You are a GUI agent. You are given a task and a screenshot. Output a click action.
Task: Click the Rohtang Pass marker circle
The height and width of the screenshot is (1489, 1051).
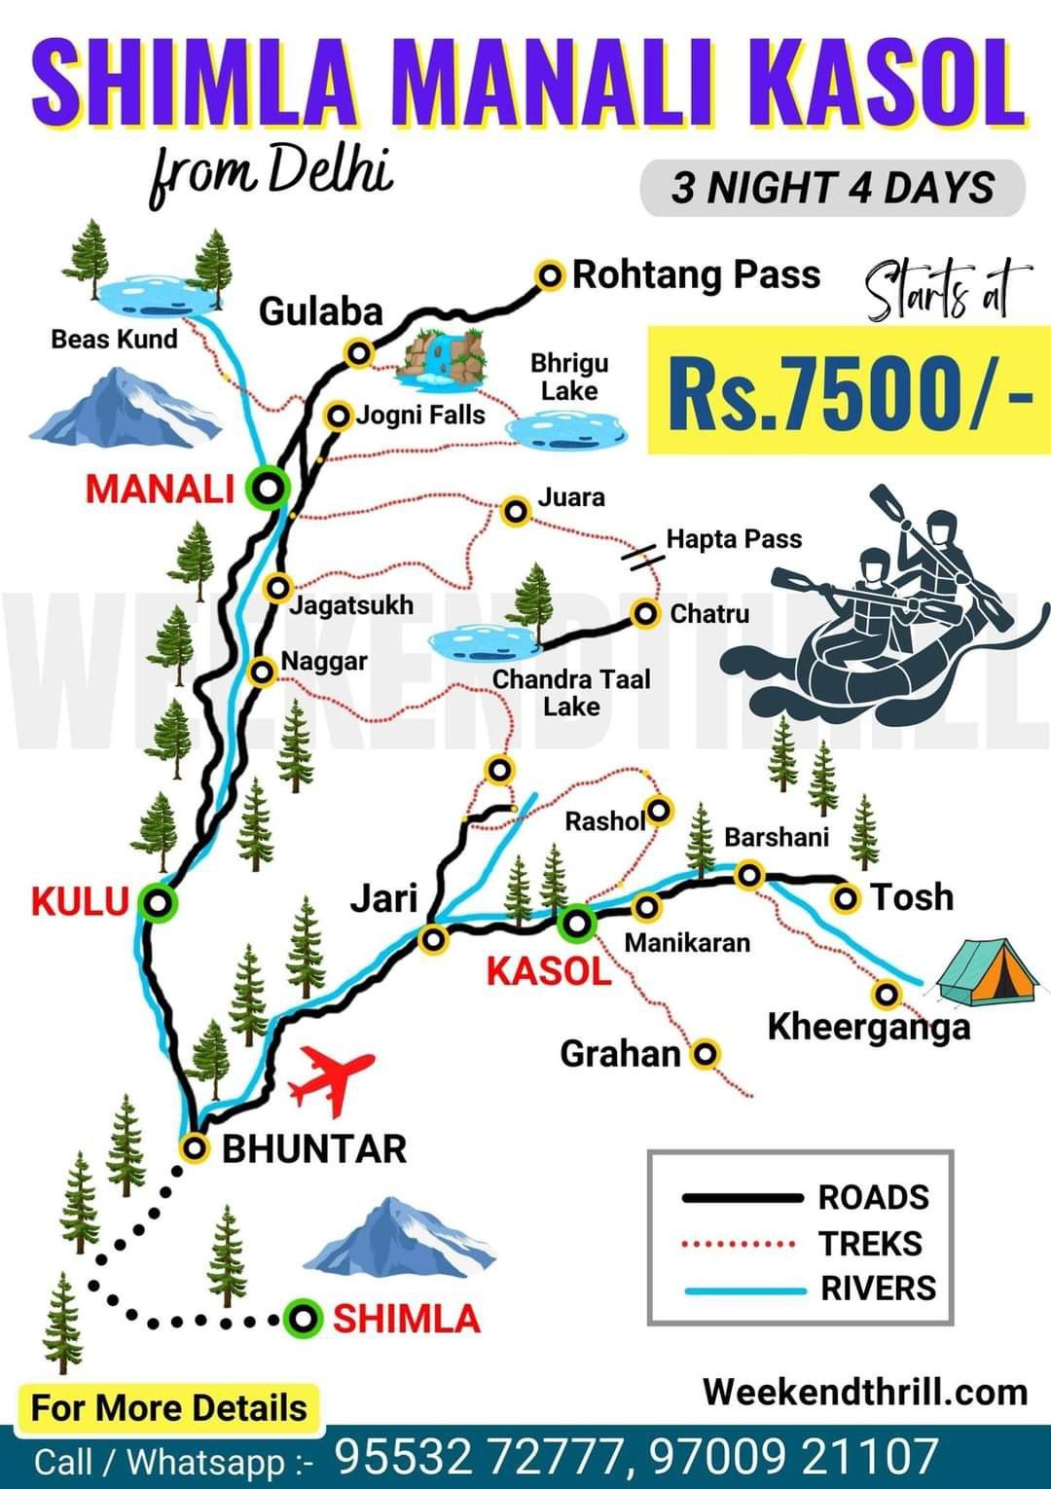coord(551,275)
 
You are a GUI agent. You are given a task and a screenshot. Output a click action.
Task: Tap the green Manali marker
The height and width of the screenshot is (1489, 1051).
coord(267,486)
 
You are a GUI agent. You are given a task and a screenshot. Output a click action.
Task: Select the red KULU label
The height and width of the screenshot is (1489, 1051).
coord(80,901)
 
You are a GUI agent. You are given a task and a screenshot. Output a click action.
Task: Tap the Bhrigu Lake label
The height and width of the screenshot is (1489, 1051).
coord(569,377)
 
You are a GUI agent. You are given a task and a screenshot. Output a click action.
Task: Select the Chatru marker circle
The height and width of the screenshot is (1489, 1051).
coord(646,614)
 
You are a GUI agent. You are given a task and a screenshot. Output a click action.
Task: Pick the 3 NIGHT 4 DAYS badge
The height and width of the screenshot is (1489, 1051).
coord(832,187)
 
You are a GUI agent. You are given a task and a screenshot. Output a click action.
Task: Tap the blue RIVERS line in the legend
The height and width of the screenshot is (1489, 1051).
coord(744,1290)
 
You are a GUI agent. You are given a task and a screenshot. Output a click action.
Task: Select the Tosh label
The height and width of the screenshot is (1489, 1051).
coord(912,897)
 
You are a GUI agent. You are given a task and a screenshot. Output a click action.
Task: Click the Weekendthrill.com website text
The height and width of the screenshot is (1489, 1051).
coord(864,1391)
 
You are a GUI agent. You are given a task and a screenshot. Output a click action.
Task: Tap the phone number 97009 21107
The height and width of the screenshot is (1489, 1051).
coord(793,1457)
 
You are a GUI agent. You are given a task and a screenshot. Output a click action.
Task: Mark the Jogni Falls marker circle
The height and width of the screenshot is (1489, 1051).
coord(338,417)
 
